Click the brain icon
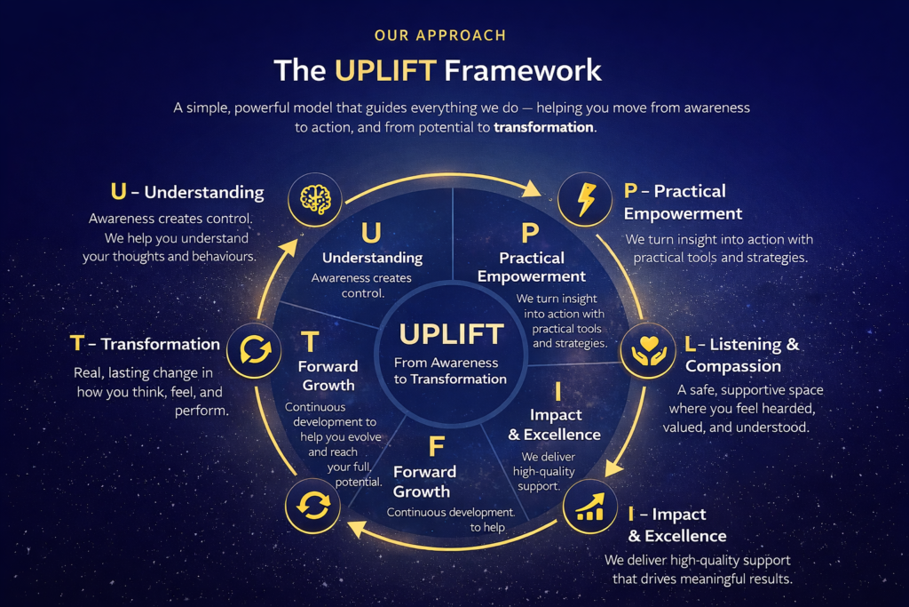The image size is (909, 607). pos(315,199)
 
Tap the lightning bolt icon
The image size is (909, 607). pos(586,199)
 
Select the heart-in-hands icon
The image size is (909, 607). pos(648,350)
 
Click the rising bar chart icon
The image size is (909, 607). pos(590,507)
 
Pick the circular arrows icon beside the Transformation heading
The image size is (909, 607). pos(254,350)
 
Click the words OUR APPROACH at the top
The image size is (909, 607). pos(440,36)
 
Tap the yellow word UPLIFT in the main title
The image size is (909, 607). pos(385,70)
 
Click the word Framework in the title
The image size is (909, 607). pos(523,70)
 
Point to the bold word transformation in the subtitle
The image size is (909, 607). pos(543,127)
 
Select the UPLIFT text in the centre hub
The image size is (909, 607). pos(452,334)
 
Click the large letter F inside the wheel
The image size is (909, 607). pos(437,447)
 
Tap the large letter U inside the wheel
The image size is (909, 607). pos(372,233)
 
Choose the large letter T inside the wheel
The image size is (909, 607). pos(310,342)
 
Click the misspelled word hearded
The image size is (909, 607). pos(789,409)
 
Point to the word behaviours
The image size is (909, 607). pos(224,256)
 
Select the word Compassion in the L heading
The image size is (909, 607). pos(733,366)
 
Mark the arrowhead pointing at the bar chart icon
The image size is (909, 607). pos(613,467)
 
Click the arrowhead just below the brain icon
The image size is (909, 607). pos(289,248)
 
